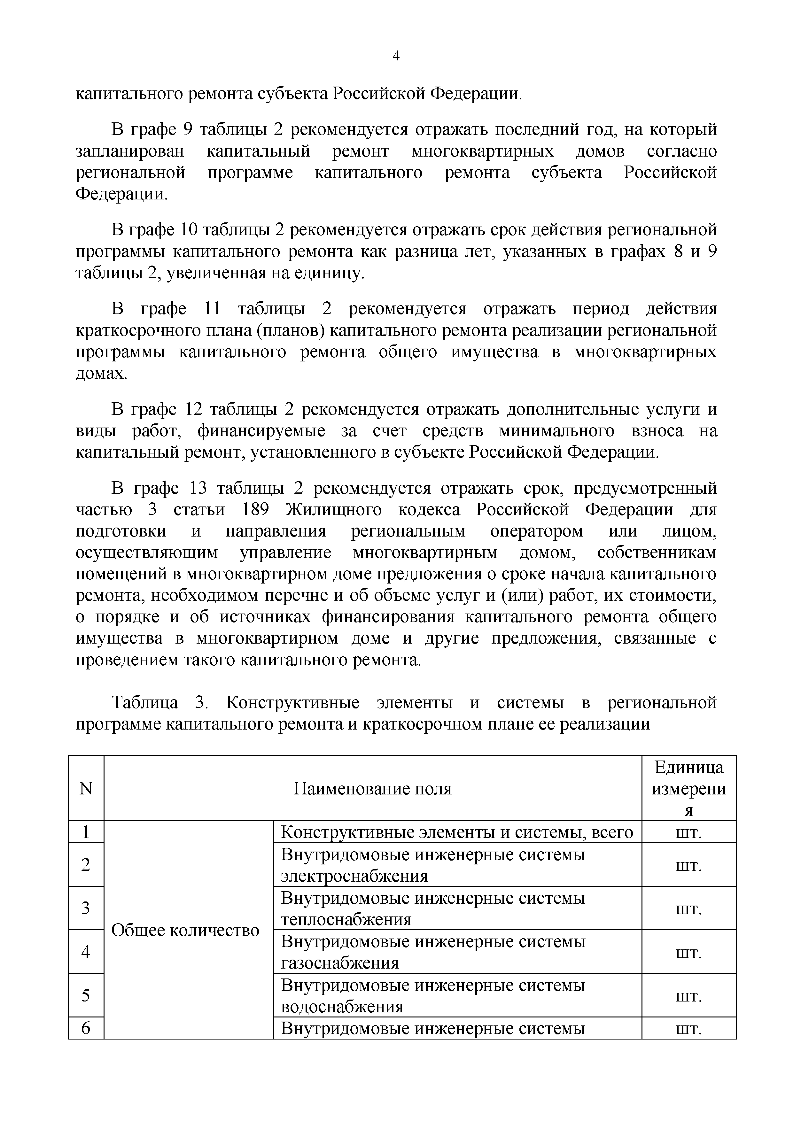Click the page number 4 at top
point(396,57)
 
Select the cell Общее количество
point(186,931)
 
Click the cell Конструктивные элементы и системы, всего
point(456,832)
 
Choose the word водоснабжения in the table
point(342,1007)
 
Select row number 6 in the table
point(86,1028)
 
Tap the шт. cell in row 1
point(688,832)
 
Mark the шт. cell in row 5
point(688,995)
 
